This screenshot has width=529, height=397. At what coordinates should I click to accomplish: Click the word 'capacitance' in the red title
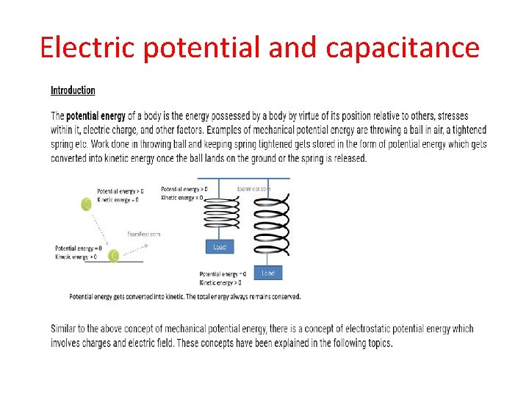[402, 48]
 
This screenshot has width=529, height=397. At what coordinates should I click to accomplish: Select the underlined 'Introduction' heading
[73, 90]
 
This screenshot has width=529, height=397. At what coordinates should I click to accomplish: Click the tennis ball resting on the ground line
[114, 256]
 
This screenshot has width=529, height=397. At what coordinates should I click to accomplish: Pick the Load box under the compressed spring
[219, 247]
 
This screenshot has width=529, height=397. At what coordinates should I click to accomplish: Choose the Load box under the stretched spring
[267, 273]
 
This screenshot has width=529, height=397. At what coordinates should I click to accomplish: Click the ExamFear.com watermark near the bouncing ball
[143, 234]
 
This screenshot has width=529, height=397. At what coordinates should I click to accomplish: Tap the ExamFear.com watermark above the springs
[253, 188]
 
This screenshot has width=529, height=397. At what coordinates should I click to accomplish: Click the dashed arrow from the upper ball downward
[98, 229]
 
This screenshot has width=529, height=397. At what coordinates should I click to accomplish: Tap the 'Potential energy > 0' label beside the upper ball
[120, 191]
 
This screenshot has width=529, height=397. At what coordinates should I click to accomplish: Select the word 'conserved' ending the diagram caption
[282, 297]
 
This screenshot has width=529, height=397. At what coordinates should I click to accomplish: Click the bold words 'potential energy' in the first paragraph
[96, 116]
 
